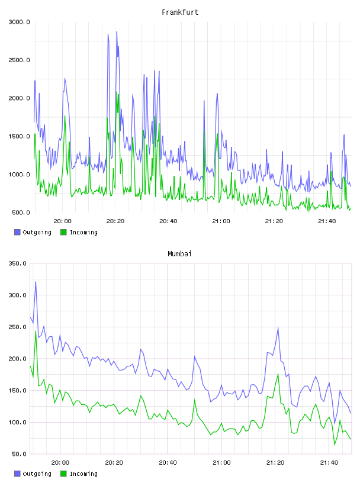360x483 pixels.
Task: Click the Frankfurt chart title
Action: [x=180, y=12]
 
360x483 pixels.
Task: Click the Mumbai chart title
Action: [x=179, y=253]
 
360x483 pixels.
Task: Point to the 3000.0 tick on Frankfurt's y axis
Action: [x=19, y=22]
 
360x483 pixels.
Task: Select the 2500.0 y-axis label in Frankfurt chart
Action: [x=19, y=60]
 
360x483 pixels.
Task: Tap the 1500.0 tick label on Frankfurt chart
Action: [x=19, y=136]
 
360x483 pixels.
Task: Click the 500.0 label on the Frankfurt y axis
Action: [x=21, y=212]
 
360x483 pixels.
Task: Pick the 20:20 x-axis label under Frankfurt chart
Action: [x=115, y=221]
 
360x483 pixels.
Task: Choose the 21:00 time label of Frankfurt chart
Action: [x=221, y=221]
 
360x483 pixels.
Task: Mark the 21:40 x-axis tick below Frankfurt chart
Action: [x=327, y=221]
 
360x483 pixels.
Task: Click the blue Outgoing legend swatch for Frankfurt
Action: [x=17, y=232]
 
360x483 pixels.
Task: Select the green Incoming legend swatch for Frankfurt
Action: [x=63, y=232]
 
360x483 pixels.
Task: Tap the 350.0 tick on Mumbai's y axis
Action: [x=17, y=263]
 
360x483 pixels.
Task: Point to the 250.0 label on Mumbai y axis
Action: [x=17, y=327]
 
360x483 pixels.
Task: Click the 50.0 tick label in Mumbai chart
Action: [x=19, y=454]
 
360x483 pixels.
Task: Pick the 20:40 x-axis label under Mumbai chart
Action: [x=168, y=462]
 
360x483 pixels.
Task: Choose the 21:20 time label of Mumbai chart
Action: [x=275, y=462]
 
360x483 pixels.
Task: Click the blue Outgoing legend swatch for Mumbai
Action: [x=17, y=474]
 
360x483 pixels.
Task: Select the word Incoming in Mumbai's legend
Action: [x=83, y=474]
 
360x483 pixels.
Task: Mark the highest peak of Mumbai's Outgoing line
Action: [x=36, y=282]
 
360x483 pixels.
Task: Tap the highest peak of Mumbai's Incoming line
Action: [x=36, y=331]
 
